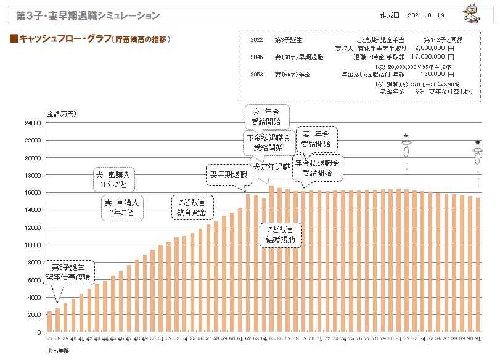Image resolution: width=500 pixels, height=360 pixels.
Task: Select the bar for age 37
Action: coord(49,321)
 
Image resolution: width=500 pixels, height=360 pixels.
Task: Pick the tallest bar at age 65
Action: coord(271,258)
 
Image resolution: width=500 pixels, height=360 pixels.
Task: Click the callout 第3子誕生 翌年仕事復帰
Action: coord(68,272)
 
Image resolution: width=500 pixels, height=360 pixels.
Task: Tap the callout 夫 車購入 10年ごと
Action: coord(115,179)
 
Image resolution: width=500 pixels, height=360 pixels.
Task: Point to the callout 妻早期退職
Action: coord(229,174)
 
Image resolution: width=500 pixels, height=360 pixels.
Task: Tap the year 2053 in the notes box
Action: coord(258,75)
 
